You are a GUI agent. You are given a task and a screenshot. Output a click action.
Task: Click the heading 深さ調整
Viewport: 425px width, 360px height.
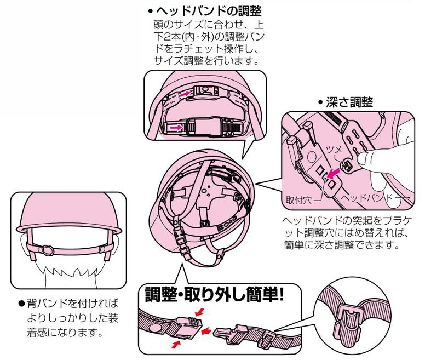[x=349, y=102]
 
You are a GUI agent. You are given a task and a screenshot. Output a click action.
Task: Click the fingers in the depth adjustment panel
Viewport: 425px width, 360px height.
[x=383, y=164]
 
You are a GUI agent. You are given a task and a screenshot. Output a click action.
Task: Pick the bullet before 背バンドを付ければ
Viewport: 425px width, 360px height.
[x=22, y=303]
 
